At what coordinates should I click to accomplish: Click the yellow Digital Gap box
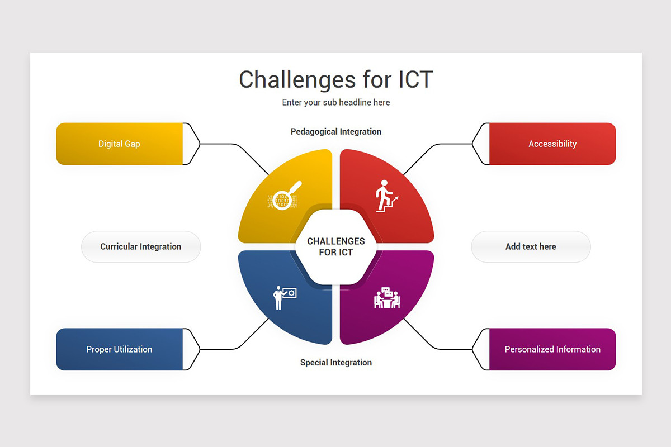pyautogui.click(x=119, y=144)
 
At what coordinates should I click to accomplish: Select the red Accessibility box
pyautogui.click(x=552, y=144)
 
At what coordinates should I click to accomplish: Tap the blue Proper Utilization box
pyautogui.click(x=119, y=349)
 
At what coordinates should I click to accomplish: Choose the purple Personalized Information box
pyautogui.click(x=552, y=349)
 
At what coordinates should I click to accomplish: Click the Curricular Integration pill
pyautogui.click(x=141, y=247)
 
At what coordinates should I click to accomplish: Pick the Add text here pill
pyautogui.click(x=531, y=247)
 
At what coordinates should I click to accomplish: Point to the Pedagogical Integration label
pyautogui.click(x=336, y=132)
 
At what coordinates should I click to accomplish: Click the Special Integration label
pyautogui.click(x=336, y=362)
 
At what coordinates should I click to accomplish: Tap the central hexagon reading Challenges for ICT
pyautogui.click(x=336, y=247)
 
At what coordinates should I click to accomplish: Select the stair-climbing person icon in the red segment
pyautogui.click(x=386, y=196)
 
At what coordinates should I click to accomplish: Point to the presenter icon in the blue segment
pyautogui.click(x=284, y=298)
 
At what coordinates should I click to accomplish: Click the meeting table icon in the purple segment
pyautogui.click(x=387, y=298)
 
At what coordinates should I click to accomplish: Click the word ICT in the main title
pyautogui.click(x=415, y=80)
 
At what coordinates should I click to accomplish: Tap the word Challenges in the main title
pyautogui.click(x=297, y=80)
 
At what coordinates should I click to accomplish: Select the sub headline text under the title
pyautogui.click(x=336, y=102)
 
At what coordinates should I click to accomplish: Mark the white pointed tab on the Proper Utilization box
pyautogui.click(x=191, y=349)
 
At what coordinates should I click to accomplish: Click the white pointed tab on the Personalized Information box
pyautogui.click(x=481, y=349)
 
